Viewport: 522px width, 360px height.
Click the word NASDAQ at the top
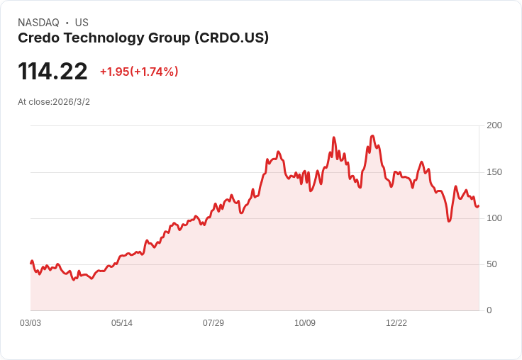tap(38, 23)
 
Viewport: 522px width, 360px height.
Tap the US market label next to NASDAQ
tap(82, 23)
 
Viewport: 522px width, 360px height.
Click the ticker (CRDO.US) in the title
tap(231, 38)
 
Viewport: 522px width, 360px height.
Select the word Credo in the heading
tap(39, 38)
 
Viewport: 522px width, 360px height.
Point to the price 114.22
tap(52, 72)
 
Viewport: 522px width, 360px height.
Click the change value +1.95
tap(114, 72)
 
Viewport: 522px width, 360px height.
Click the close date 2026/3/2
tap(71, 102)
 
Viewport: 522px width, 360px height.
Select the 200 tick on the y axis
tap(494, 125)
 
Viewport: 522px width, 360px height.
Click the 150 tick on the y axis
tap(494, 172)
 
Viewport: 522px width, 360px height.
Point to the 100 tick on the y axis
tap(494, 218)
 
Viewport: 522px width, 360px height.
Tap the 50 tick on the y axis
tap(492, 264)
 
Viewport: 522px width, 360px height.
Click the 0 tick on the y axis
tap(489, 310)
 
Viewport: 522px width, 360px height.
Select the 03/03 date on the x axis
tap(30, 323)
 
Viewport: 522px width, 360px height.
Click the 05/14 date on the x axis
tap(122, 323)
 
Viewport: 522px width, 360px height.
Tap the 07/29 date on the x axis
tap(213, 323)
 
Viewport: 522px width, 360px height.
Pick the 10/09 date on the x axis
tap(305, 323)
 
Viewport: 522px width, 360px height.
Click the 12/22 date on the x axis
tap(396, 323)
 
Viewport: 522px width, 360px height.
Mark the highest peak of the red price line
tap(372, 135)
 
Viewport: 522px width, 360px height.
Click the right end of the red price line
tap(479, 206)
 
